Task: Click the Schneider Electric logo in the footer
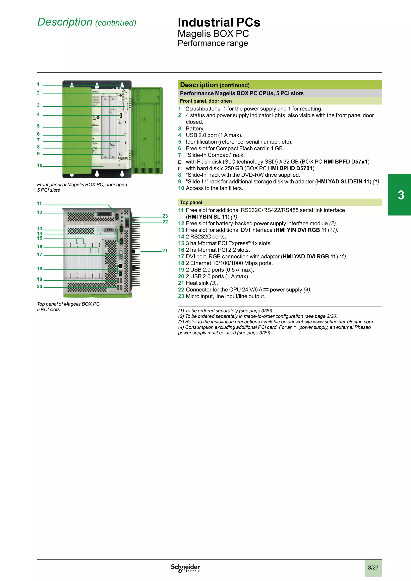(x=185, y=568)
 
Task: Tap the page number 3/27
(x=373, y=568)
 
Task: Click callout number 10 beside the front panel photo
(x=40, y=165)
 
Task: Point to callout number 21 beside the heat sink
(x=165, y=251)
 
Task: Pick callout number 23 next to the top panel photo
(x=165, y=216)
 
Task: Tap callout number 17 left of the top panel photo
(x=40, y=255)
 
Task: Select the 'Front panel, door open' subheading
(x=206, y=101)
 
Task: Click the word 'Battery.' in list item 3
(x=195, y=129)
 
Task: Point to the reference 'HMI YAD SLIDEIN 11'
(x=343, y=182)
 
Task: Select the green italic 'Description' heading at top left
(x=65, y=22)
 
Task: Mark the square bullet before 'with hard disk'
(x=180, y=169)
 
